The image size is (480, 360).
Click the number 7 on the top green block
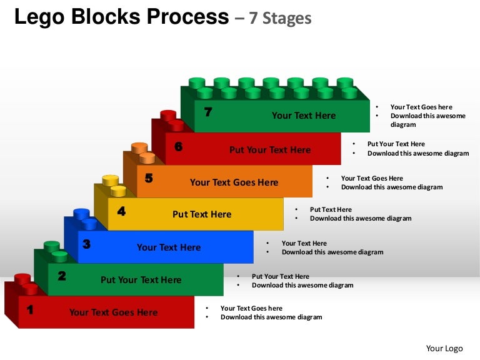click(x=208, y=112)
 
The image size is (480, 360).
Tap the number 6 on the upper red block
click(x=179, y=147)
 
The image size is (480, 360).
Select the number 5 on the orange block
click(x=149, y=178)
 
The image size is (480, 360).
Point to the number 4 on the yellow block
click(x=121, y=211)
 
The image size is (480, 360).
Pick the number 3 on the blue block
click(x=87, y=244)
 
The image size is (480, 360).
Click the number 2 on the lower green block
click(x=62, y=276)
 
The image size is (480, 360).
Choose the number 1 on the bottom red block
click(x=30, y=308)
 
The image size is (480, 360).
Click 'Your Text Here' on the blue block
click(x=169, y=247)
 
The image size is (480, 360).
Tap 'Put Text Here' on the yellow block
click(x=202, y=214)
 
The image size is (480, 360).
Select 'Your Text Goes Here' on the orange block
click(x=234, y=182)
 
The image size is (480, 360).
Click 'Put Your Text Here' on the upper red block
click(x=270, y=150)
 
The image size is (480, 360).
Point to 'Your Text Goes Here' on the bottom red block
click(x=113, y=312)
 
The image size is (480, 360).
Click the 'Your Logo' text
click(x=444, y=348)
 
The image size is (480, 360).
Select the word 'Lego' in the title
click(x=37, y=17)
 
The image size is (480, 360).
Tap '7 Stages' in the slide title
click(x=280, y=18)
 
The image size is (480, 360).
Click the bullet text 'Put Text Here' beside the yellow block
click(x=331, y=210)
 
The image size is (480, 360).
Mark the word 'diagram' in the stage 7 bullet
click(x=403, y=124)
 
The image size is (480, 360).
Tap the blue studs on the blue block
click(x=84, y=218)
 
